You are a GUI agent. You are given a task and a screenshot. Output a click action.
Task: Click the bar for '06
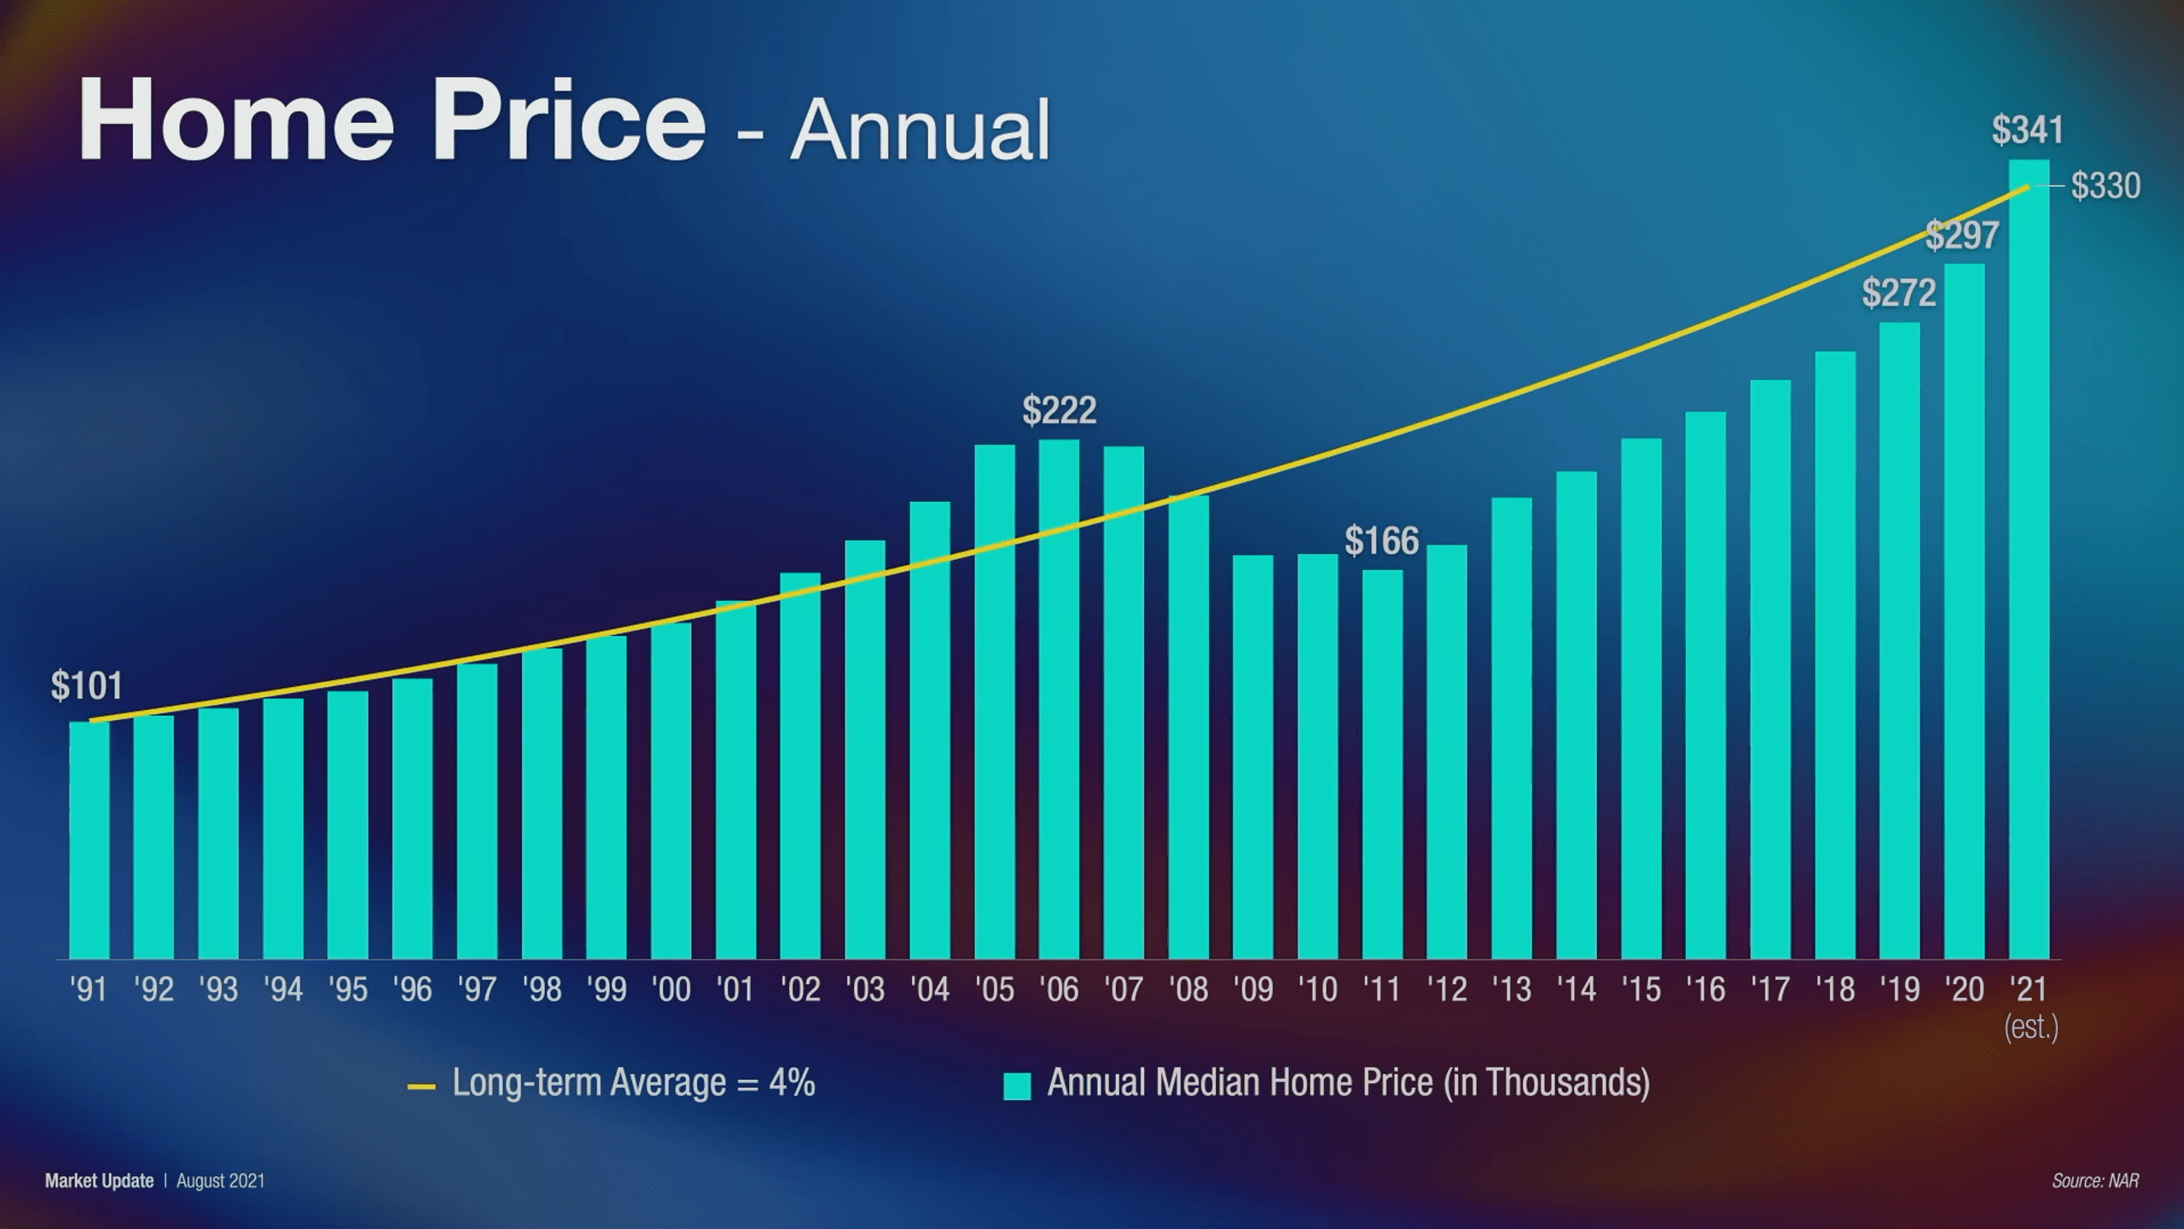1059,700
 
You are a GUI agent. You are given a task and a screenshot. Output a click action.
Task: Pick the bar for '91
89,841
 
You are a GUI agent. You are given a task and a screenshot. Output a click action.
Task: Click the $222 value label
1059,411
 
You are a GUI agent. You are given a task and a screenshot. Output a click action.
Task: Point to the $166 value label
1381,541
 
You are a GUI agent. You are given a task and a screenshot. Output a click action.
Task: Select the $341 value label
2027,130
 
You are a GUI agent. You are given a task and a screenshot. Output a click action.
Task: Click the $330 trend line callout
2106,185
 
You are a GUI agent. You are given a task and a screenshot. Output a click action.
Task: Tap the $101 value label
86,686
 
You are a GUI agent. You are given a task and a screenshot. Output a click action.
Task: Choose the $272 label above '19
1898,293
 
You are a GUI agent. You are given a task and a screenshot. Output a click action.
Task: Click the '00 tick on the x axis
671,990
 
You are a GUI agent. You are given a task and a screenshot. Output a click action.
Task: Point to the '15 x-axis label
1641,990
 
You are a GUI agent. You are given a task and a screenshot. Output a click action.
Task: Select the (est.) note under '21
2030,1027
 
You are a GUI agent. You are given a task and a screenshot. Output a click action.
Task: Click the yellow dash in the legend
421,1087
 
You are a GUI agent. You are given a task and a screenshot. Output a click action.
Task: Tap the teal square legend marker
1017,1086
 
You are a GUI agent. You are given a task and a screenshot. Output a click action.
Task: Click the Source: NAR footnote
2095,1181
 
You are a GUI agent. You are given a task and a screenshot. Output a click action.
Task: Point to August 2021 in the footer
220,1181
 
